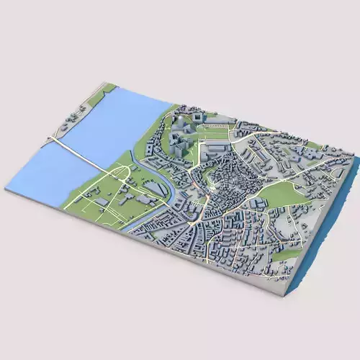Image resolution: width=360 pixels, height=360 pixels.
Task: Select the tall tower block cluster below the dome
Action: (180, 140)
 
